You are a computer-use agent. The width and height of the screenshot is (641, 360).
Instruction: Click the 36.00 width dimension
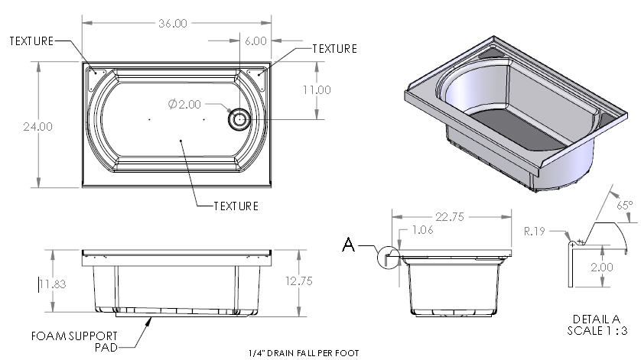tap(172, 23)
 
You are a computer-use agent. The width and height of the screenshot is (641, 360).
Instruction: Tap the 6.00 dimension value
tap(255, 40)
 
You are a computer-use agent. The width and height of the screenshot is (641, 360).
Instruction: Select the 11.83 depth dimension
tap(53, 284)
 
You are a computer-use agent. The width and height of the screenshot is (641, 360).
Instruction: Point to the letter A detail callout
tap(348, 245)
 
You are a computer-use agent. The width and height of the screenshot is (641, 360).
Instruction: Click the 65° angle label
tap(625, 205)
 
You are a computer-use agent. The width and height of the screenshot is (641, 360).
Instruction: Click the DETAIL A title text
tap(595, 319)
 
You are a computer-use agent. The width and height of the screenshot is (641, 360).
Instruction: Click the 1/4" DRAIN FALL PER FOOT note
tap(303, 353)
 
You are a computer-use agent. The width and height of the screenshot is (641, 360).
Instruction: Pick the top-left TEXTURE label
tap(31, 41)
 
